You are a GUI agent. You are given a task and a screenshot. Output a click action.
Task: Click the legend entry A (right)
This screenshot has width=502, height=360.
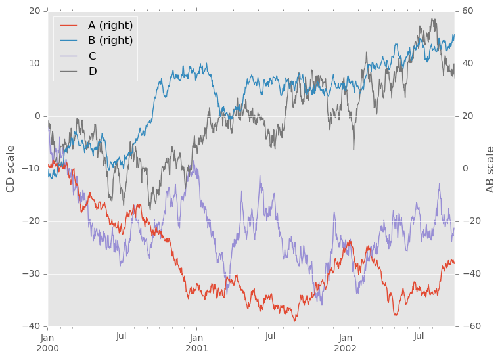tap(110, 26)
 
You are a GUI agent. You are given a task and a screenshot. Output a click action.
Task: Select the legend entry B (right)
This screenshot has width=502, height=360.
tap(110, 41)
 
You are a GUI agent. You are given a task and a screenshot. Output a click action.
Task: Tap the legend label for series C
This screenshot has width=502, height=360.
tap(92, 56)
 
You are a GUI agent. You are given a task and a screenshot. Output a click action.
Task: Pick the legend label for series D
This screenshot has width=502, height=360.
tap(93, 71)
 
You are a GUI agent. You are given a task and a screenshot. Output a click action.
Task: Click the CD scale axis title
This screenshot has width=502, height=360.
tap(11, 169)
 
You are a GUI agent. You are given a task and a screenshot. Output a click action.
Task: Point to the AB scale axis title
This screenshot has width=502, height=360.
tap(490, 169)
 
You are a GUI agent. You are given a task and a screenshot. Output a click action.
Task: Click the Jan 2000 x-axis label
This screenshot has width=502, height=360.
tap(48, 342)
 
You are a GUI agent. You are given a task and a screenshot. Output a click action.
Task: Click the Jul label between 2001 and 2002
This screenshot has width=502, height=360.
tap(270, 336)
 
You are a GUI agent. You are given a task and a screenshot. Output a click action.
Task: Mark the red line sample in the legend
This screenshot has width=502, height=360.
tap(69, 26)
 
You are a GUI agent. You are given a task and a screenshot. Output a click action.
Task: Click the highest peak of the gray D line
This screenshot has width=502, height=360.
tap(432, 19)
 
